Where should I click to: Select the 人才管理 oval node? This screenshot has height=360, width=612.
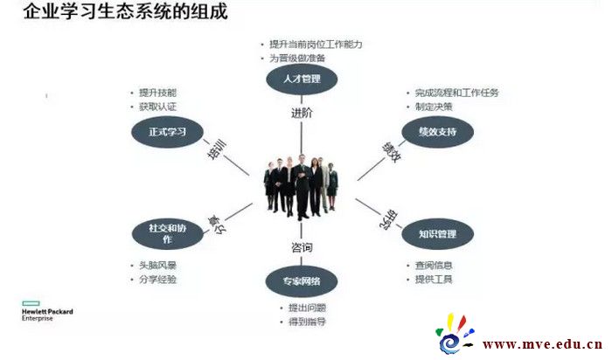pos(302,80)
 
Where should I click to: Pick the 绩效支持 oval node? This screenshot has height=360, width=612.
pos(437,132)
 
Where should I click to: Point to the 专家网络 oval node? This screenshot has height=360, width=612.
pos(302,281)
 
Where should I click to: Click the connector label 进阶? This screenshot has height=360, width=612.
pos(302,113)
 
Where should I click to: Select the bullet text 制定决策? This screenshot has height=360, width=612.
pos(434,107)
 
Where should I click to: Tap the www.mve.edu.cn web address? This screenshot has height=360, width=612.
pos(542,343)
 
